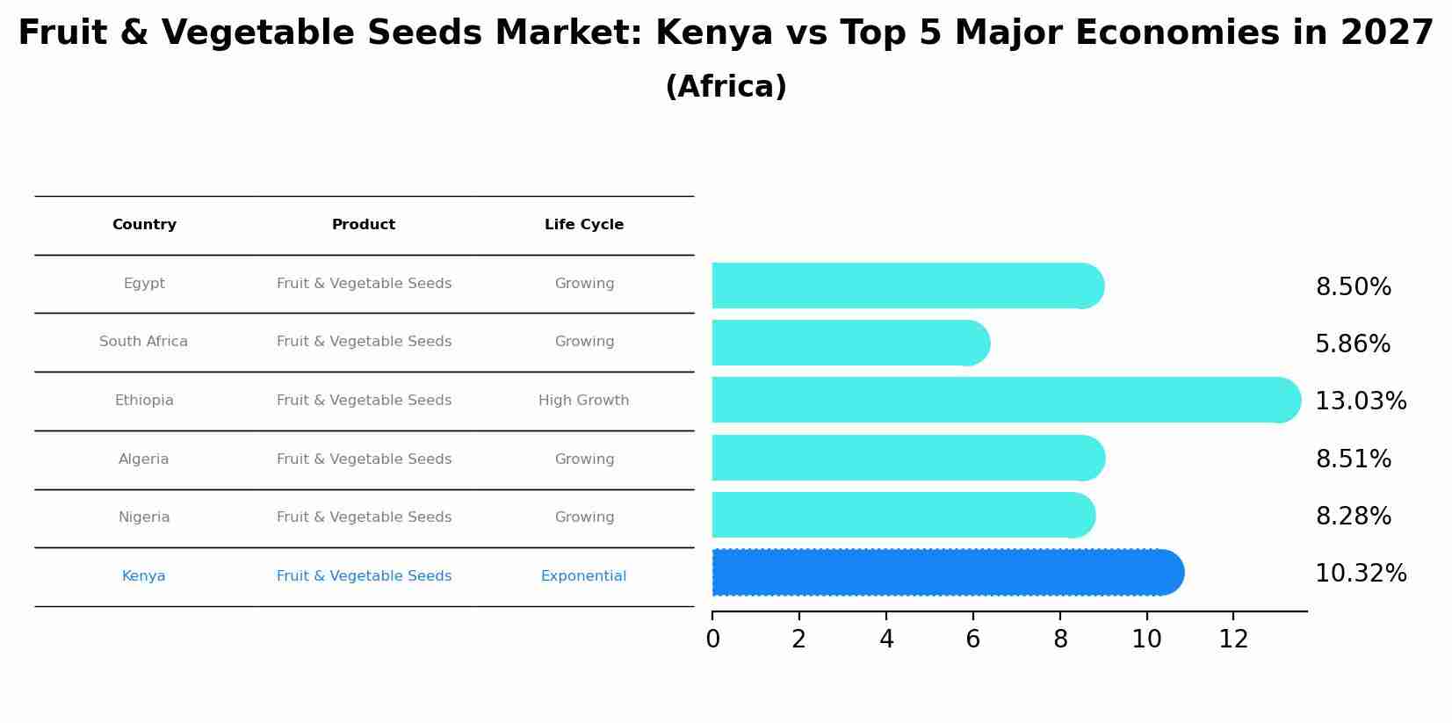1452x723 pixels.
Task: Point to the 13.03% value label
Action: [1360, 401]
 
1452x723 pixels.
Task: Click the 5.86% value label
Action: [1352, 344]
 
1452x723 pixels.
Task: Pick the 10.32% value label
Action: [1360, 574]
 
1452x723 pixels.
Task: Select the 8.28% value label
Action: [1353, 517]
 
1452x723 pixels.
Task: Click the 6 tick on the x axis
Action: [972, 640]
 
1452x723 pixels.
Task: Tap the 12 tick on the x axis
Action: [1233, 640]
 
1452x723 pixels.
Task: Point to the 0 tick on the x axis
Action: [712, 640]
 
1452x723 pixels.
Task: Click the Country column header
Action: [144, 225]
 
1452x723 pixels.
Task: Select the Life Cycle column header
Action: [584, 225]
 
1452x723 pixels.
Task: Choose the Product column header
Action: [364, 225]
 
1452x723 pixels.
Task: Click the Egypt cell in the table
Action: [144, 284]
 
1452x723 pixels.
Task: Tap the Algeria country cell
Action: [144, 459]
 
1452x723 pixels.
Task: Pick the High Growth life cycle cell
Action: [584, 401]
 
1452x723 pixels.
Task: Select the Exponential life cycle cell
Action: [584, 576]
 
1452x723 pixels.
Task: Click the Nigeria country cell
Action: [144, 517]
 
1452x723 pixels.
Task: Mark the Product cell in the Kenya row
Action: [364, 576]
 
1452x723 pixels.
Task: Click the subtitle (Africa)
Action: [726, 87]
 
